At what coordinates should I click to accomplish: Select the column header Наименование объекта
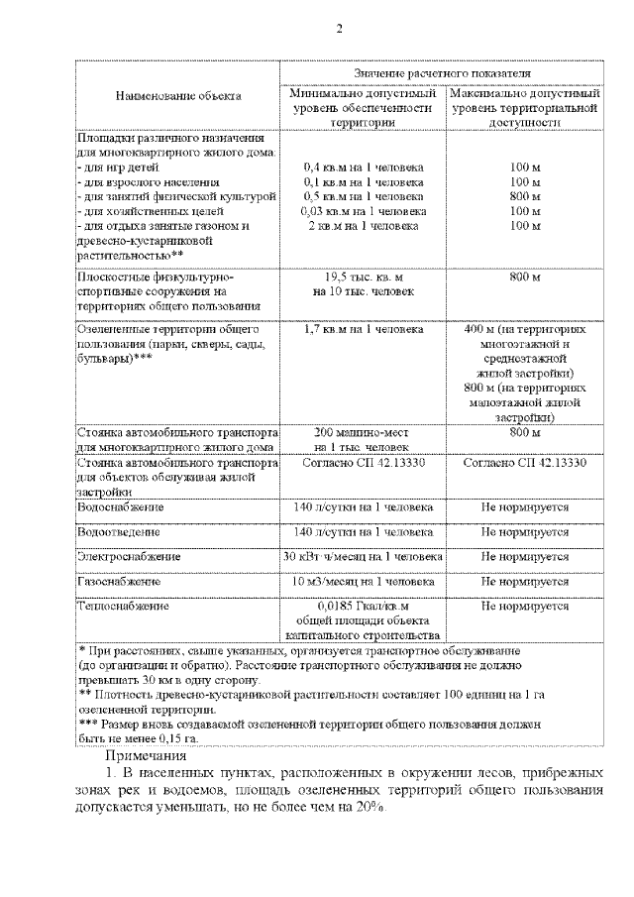tap(178, 97)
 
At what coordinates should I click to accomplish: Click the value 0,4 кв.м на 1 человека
tap(363, 168)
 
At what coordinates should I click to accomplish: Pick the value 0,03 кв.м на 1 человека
tap(363, 212)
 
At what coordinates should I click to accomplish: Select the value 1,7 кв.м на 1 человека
tap(363, 328)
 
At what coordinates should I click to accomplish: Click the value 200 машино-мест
tap(363, 432)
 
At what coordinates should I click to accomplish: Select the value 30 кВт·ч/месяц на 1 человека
tap(363, 557)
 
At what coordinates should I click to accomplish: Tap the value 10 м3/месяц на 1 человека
tap(363, 582)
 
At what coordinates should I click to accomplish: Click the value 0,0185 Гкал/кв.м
tap(363, 606)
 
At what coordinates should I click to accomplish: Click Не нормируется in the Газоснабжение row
tap(525, 582)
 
